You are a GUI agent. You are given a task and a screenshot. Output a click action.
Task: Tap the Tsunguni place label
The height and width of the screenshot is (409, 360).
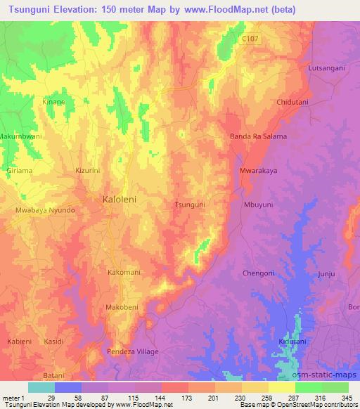click(189, 204)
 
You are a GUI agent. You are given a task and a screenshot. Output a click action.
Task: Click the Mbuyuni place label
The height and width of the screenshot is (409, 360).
click(257, 204)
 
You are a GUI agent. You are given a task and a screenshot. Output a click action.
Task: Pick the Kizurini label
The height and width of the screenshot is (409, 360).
click(89, 170)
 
